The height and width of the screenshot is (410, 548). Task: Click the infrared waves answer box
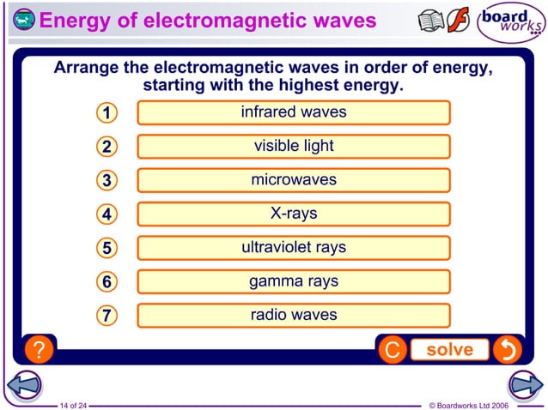click(x=293, y=112)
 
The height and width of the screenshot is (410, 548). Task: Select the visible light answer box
click(x=293, y=146)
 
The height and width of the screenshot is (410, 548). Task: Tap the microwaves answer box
click(x=293, y=180)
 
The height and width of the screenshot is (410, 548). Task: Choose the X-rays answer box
click(x=293, y=214)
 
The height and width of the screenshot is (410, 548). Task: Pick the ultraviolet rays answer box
click(x=293, y=248)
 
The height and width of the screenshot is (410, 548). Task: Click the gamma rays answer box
click(x=293, y=281)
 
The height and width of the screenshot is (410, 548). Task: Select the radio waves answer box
click(x=293, y=315)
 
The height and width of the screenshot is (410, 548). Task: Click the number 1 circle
click(x=106, y=113)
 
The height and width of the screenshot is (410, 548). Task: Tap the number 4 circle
click(x=106, y=214)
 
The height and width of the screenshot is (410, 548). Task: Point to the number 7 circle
click(x=106, y=316)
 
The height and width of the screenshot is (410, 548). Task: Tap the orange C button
click(x=392, y=350)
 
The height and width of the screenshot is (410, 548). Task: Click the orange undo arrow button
click(x=508, y=350)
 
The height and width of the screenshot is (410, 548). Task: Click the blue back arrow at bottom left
click(x=23, y=385)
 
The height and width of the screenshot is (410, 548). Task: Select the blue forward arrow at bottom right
click(x=524, y=385)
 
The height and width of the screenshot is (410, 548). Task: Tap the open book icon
click(x=431, y=21)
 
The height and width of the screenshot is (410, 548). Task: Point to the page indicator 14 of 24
click(x=73, y=404)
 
